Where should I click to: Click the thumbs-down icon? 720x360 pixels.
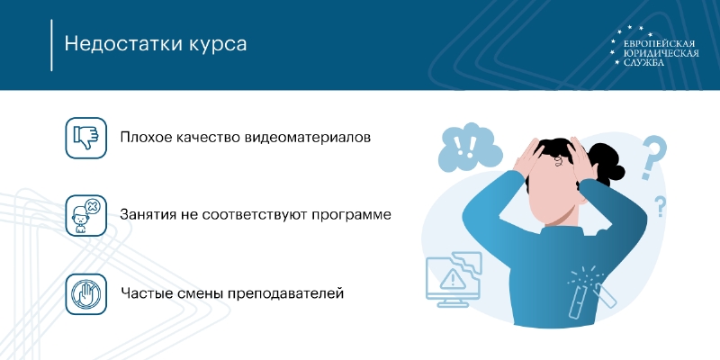[85, 138]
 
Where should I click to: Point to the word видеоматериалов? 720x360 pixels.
[308, 138]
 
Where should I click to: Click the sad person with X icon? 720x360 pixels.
[85, 215]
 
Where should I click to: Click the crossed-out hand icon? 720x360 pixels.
[85, 294]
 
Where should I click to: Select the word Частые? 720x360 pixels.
[145, 293]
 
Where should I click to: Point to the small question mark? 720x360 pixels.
[660, 206]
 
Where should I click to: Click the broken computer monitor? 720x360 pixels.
[454, 279]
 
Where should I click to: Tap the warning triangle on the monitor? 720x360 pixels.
[453, 278]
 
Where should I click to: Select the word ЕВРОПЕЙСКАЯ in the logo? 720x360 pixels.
[658, 44]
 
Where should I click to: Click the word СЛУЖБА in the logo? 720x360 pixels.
[643, 62]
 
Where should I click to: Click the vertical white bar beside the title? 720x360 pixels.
[51, 45]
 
